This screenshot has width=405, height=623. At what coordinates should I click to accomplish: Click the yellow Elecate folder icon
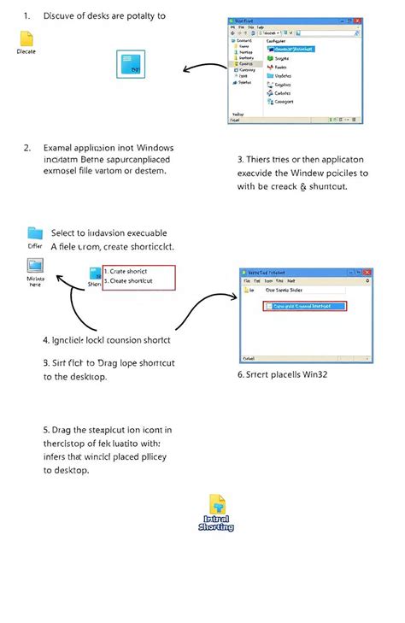click(26, 39)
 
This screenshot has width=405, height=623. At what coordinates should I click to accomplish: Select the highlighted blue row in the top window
click(291, 50)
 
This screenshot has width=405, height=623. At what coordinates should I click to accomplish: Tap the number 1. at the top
click(27, 15)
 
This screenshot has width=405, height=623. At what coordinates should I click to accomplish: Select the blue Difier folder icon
click(34, 232)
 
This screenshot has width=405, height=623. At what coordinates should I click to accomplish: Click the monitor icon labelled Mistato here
click(36, 267)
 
